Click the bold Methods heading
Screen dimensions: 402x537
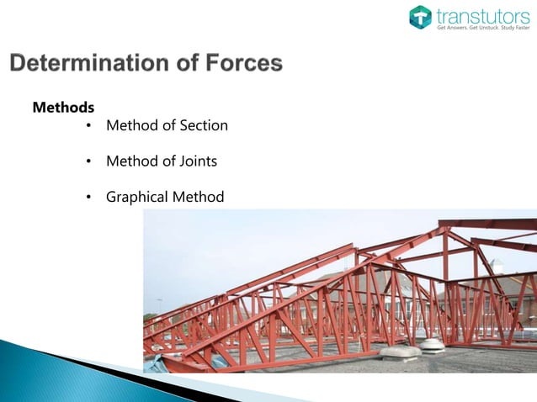click(x=63, y=108)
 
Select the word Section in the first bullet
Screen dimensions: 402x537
click(x=203, y=125)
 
